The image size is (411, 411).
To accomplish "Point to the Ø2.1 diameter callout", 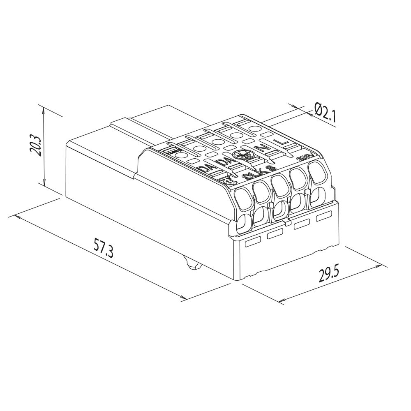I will click(x=325, y=112).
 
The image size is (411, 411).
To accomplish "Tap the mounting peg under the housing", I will click(x=191, y=263).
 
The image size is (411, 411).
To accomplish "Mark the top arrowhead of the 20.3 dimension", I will click(x=44, y=107).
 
